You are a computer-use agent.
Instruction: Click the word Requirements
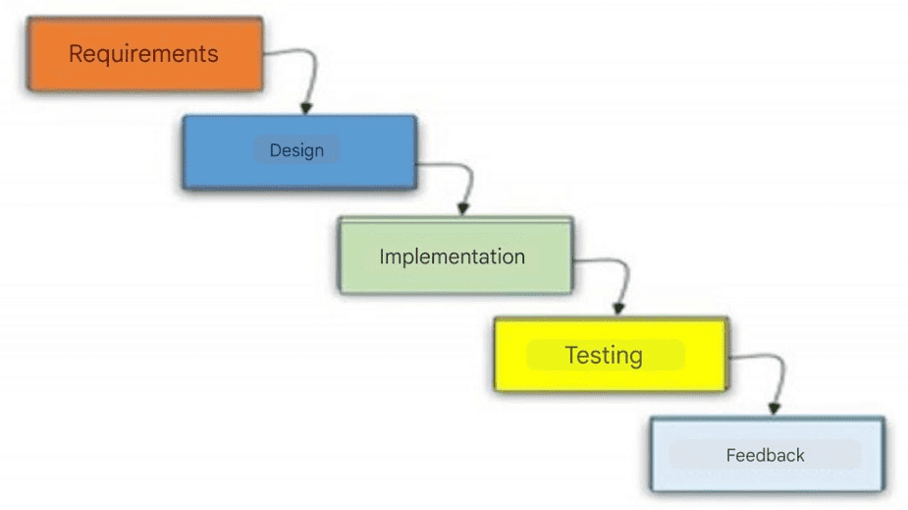[x=143, y=54]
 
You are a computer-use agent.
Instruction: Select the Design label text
[x=296, y=150]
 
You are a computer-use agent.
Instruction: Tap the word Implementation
[x=453, y=256]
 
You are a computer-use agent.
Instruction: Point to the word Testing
[x=604, y=356]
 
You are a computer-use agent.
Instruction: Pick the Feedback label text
[x=765, y=456]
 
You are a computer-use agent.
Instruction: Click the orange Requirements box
[x=144, y=54]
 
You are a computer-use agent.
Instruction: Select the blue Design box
[x=299, y=152]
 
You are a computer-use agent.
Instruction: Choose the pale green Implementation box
[x=455, y=255]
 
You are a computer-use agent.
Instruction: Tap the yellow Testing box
[x=611, y=354]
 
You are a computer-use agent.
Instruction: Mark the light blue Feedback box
[x=768, y=454]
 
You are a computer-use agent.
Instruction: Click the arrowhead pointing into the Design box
[x=306, y=108]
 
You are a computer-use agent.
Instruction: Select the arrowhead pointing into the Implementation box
[x=462, y=208]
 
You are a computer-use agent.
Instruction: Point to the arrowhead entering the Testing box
[x=618, y=309]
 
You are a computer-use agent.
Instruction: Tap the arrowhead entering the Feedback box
[x=774, y=408]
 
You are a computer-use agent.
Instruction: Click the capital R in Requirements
[x=77, y=54]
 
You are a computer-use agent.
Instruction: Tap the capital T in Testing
[x=572, y=355]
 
